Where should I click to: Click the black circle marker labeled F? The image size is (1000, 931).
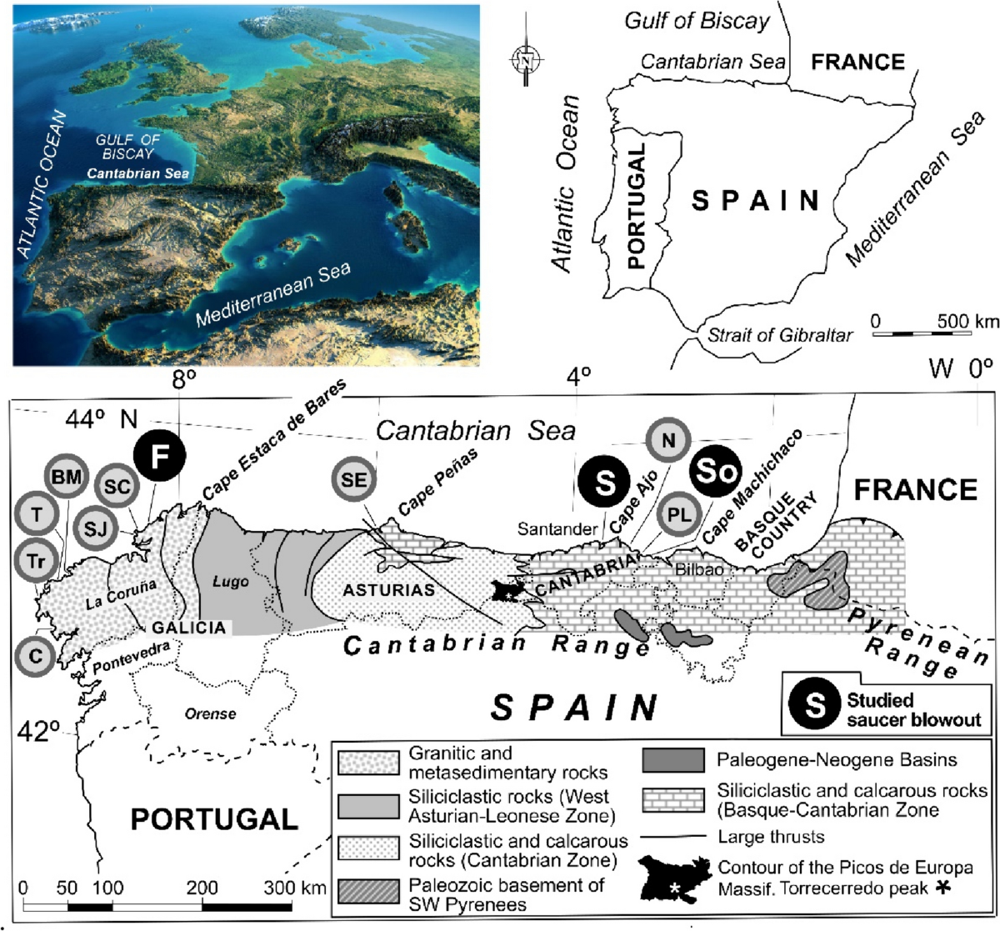159,455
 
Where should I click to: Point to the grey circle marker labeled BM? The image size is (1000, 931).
66,477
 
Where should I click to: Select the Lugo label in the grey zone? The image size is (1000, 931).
230,582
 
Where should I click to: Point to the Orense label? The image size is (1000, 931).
211,713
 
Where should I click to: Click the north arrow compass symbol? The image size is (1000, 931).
526,61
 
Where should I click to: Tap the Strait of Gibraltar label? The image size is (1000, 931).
779,335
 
